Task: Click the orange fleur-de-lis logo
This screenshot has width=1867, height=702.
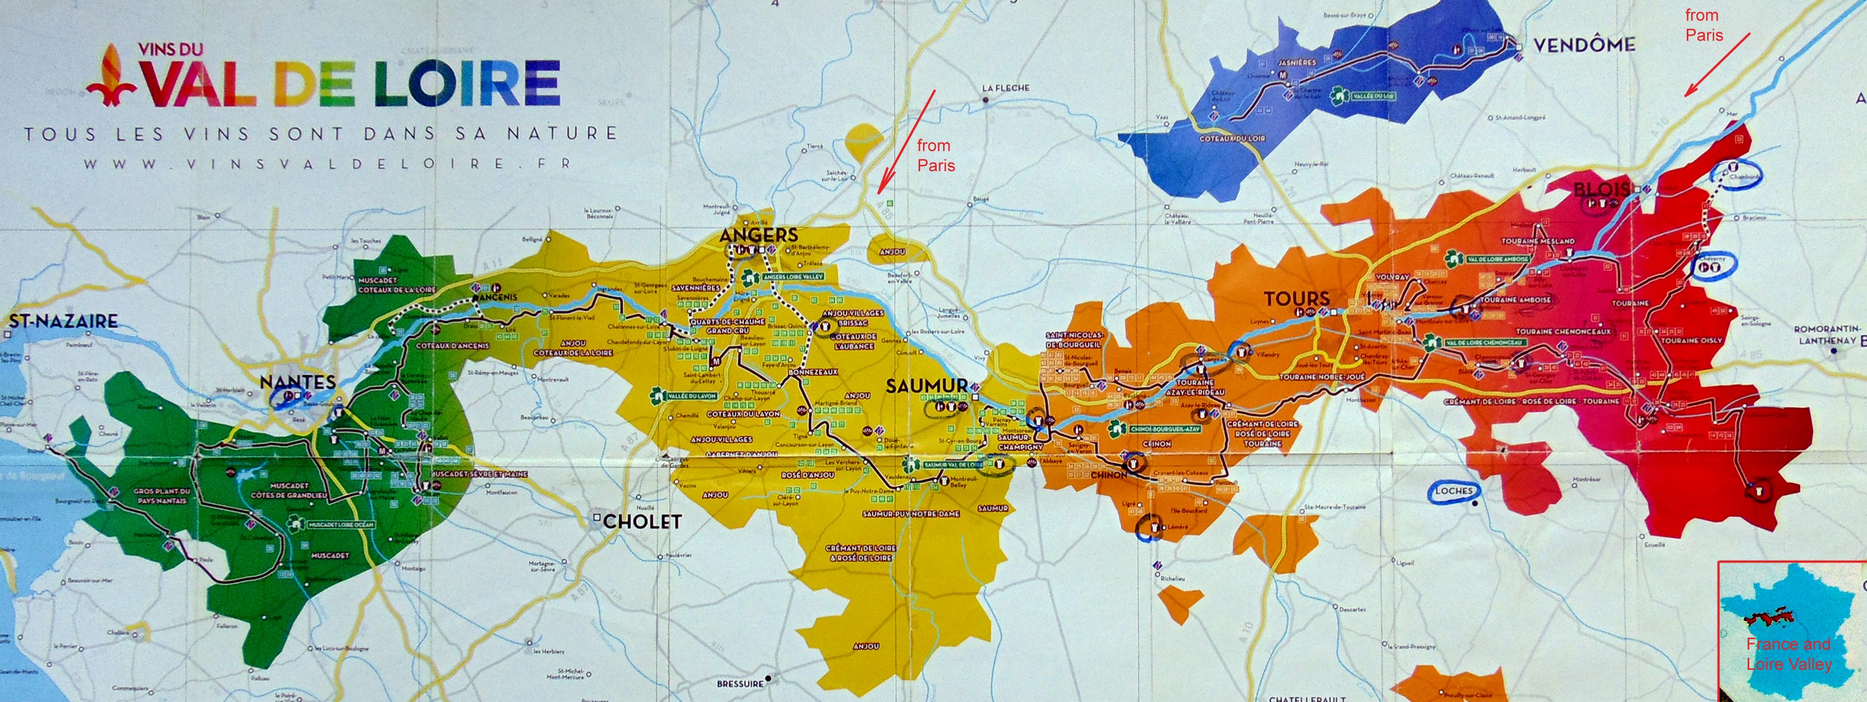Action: pyautogui.click(x=111, y=75)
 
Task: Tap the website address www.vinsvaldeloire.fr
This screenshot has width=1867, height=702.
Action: pyautogui.click(x=326, y=164)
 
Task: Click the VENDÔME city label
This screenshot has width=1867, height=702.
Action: pyautogui.click(x=1584, y=45)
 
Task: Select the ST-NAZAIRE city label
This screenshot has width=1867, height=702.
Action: pyautogui.click(x=64, y=321)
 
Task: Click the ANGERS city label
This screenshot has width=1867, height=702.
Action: pyautogui.click(x=758, y=235)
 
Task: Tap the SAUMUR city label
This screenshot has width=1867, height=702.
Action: pyautogui.click(x=926, y=386)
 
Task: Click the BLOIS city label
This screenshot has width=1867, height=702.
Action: pyautogui.click(x=1601, y=190)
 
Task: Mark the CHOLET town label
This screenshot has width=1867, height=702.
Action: pyautogui.click(x=642, y=522)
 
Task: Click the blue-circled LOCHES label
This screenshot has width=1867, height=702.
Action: pyautogui.click(x=1454, y=491)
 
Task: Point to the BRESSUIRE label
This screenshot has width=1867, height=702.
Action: pyautogui.click(x=740, y=684)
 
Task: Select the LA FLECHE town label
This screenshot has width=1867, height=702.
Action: pyautogui.click(x=1005, y=88)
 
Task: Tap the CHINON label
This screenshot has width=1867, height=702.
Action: pyautogui.click(x=1108, y=475)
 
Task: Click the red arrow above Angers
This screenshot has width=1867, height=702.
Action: pyautogui.click(x=906, y=142)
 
